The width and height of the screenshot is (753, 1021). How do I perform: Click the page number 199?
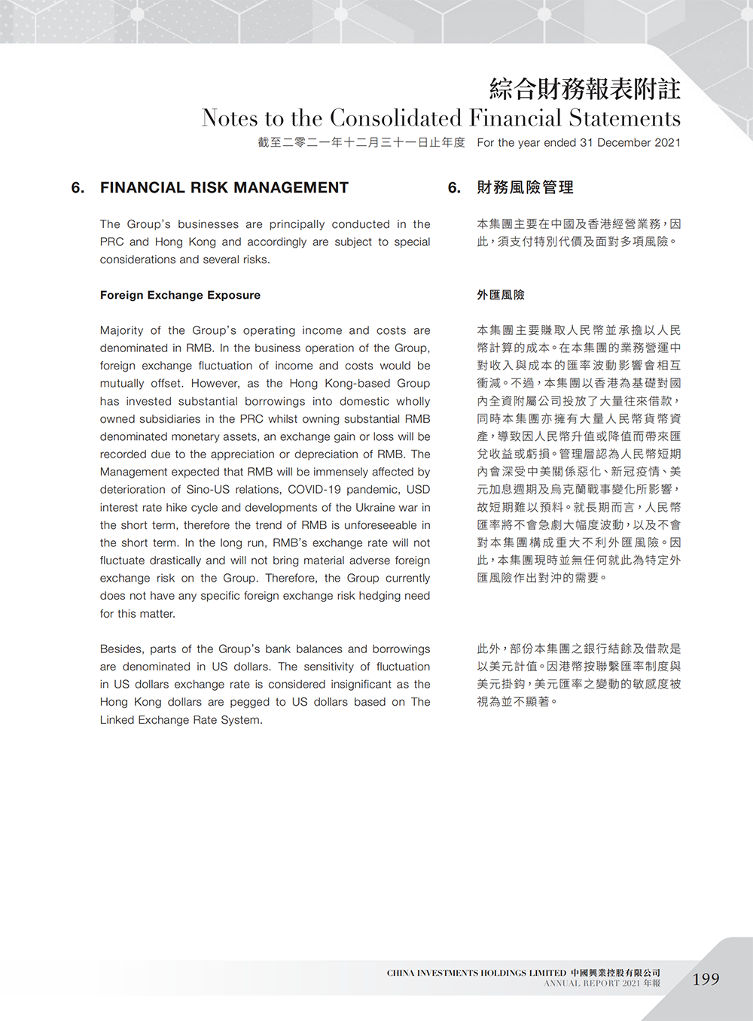[706, 979]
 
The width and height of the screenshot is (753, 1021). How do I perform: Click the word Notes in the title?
[229, 118]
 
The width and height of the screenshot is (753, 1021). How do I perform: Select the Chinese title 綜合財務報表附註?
[584, 89]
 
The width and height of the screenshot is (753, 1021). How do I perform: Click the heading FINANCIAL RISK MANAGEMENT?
[224, 187]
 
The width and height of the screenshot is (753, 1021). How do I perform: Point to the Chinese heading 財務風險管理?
[525, 187]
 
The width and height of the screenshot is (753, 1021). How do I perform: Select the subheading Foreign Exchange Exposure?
[180, 295]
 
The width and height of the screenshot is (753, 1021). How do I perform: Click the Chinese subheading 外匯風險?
[501, 295]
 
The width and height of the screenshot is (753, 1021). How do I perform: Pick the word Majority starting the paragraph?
[121, 330]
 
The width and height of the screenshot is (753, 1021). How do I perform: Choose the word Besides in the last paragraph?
[121, 649]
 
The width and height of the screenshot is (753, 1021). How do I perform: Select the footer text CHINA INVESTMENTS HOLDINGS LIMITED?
[476, 973]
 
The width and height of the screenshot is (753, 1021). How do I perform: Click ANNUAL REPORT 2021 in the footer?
[593, 983]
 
